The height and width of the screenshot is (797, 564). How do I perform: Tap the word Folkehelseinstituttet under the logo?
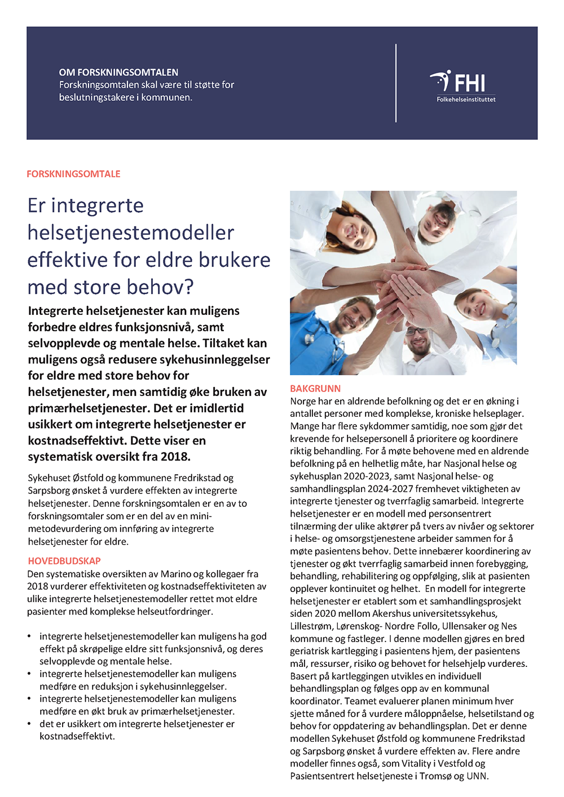click(466, 100)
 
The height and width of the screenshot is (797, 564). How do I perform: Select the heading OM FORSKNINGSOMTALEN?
click(118, 73)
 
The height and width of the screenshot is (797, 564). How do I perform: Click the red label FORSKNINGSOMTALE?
click(73, 174)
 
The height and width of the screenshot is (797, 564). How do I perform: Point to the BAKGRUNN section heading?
click(315, 389)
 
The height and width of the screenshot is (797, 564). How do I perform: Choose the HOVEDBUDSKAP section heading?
click(64, 561)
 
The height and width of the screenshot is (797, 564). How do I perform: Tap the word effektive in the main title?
click(68, 260)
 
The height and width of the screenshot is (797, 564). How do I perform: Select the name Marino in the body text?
click(175, 574)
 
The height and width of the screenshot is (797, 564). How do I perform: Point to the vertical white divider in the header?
click(396, 83)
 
